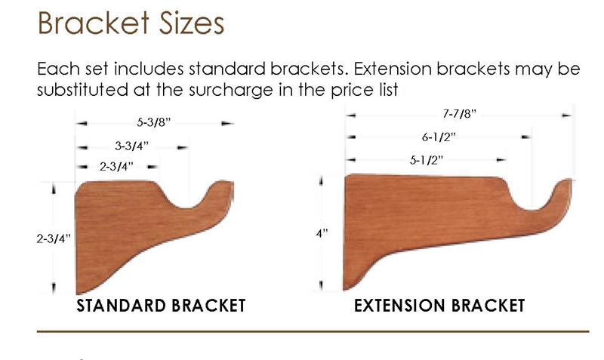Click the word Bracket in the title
pos(93,23)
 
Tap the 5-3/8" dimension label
pos(154,122)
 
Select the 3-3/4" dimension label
pos(131,146)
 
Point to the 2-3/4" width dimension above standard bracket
pos(116,166)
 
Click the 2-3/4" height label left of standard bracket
pos(54,238)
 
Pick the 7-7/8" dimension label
pos(459,114)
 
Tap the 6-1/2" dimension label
pos(439,137)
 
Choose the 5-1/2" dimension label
pos(427,160)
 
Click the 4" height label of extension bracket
pos(322,233)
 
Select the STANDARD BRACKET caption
pos(161,306)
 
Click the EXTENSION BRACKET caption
pos(439,306)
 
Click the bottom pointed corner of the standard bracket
pos(78,294)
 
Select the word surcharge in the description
pos(231,90)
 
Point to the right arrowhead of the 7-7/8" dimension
pos(567,115)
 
